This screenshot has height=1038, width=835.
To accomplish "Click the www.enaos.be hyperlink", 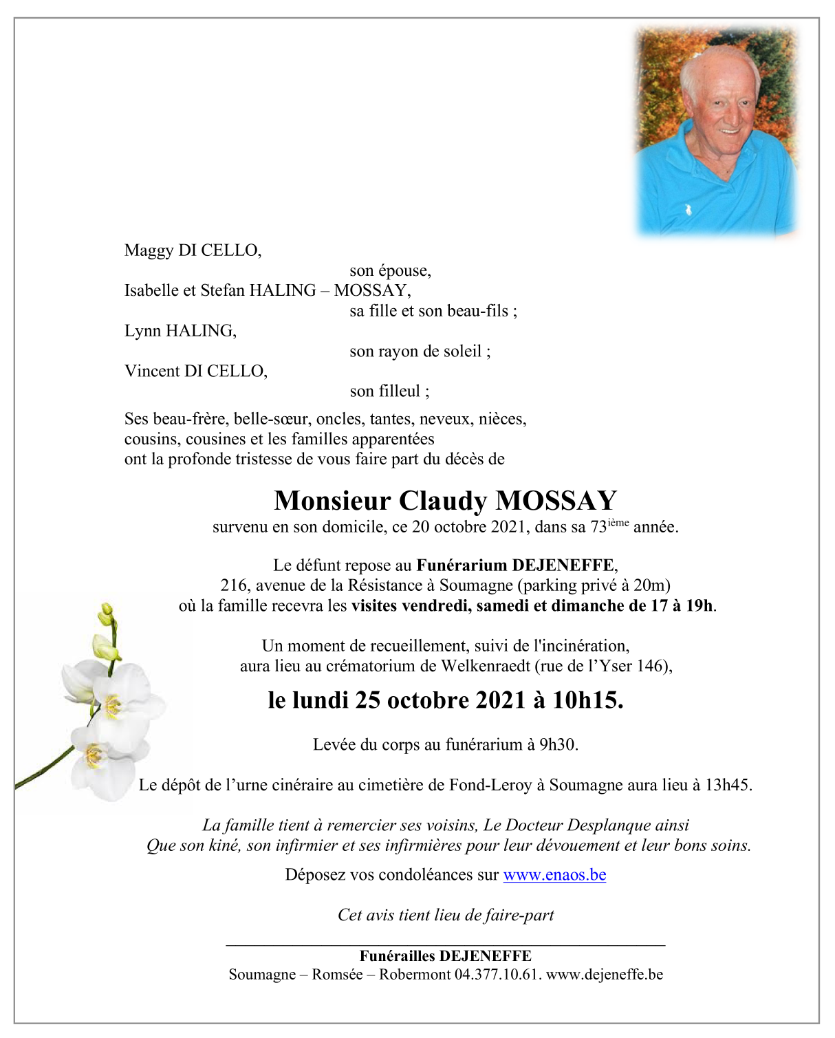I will point(554,875).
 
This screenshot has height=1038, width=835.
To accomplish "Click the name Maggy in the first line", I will point(149,251).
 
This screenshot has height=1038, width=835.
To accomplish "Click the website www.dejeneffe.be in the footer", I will point(605,975).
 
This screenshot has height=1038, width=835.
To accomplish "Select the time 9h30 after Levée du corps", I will point(559,744).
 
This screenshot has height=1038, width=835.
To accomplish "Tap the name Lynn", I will point(142,332).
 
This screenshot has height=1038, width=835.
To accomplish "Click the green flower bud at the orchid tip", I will point(107,613).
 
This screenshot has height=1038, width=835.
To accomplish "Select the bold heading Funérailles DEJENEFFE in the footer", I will point(445,956).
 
